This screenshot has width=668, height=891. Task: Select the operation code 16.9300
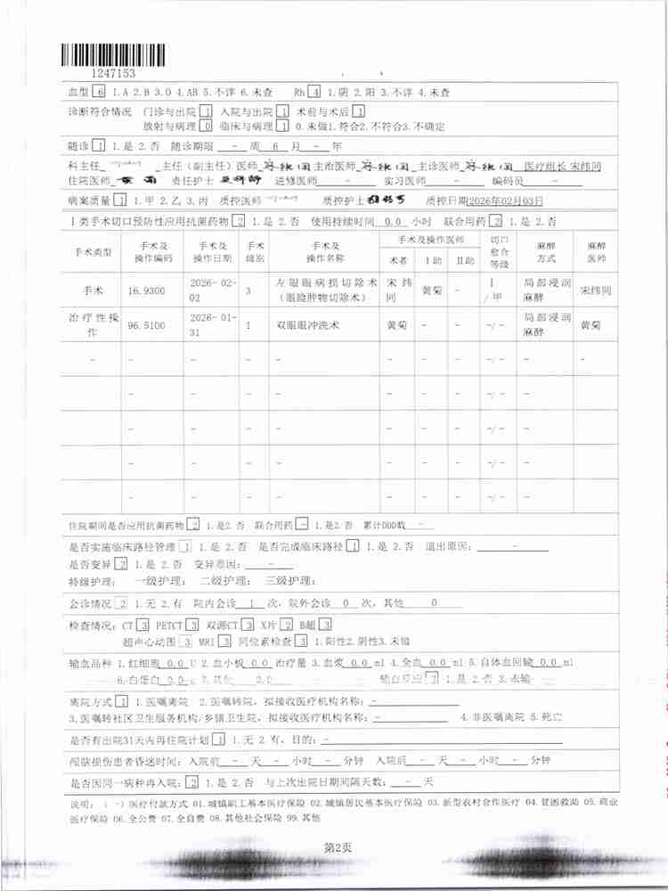pyautogui.click(x=149, y=291)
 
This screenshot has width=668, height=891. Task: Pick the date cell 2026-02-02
pyautogui.click(x=212, y=290)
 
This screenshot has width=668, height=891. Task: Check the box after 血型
pyautogui.click(x=99, y=92)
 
